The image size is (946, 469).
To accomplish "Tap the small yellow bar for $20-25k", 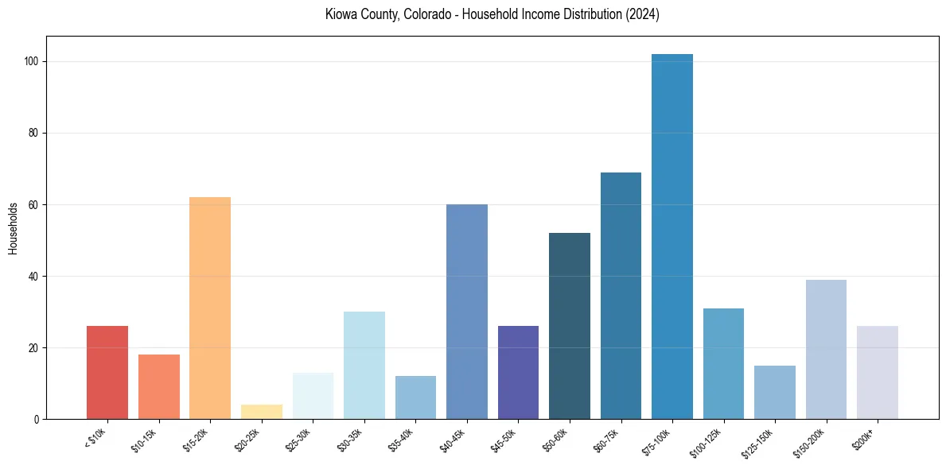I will pyautogui.click(x=262, y=412).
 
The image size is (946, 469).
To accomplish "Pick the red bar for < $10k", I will pyautogui.click(x=107, y=373).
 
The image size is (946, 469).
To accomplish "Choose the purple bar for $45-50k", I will pyautogui.click(x=518, y=373).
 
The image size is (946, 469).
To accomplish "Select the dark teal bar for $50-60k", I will pyautogui.click(x=570, y=326).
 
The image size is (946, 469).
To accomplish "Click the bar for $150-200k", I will pyautogui.click(x=826, y=350).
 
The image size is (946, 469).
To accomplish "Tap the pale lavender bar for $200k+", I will pyautogui.click(x=878, y=373).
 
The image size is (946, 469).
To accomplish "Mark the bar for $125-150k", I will pyautogui.click(x=775, y=393).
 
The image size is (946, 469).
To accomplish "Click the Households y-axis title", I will pyautogui.click(x=14, y=228).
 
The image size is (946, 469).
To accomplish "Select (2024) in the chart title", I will pyautogui.click(x=641, y=15).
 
